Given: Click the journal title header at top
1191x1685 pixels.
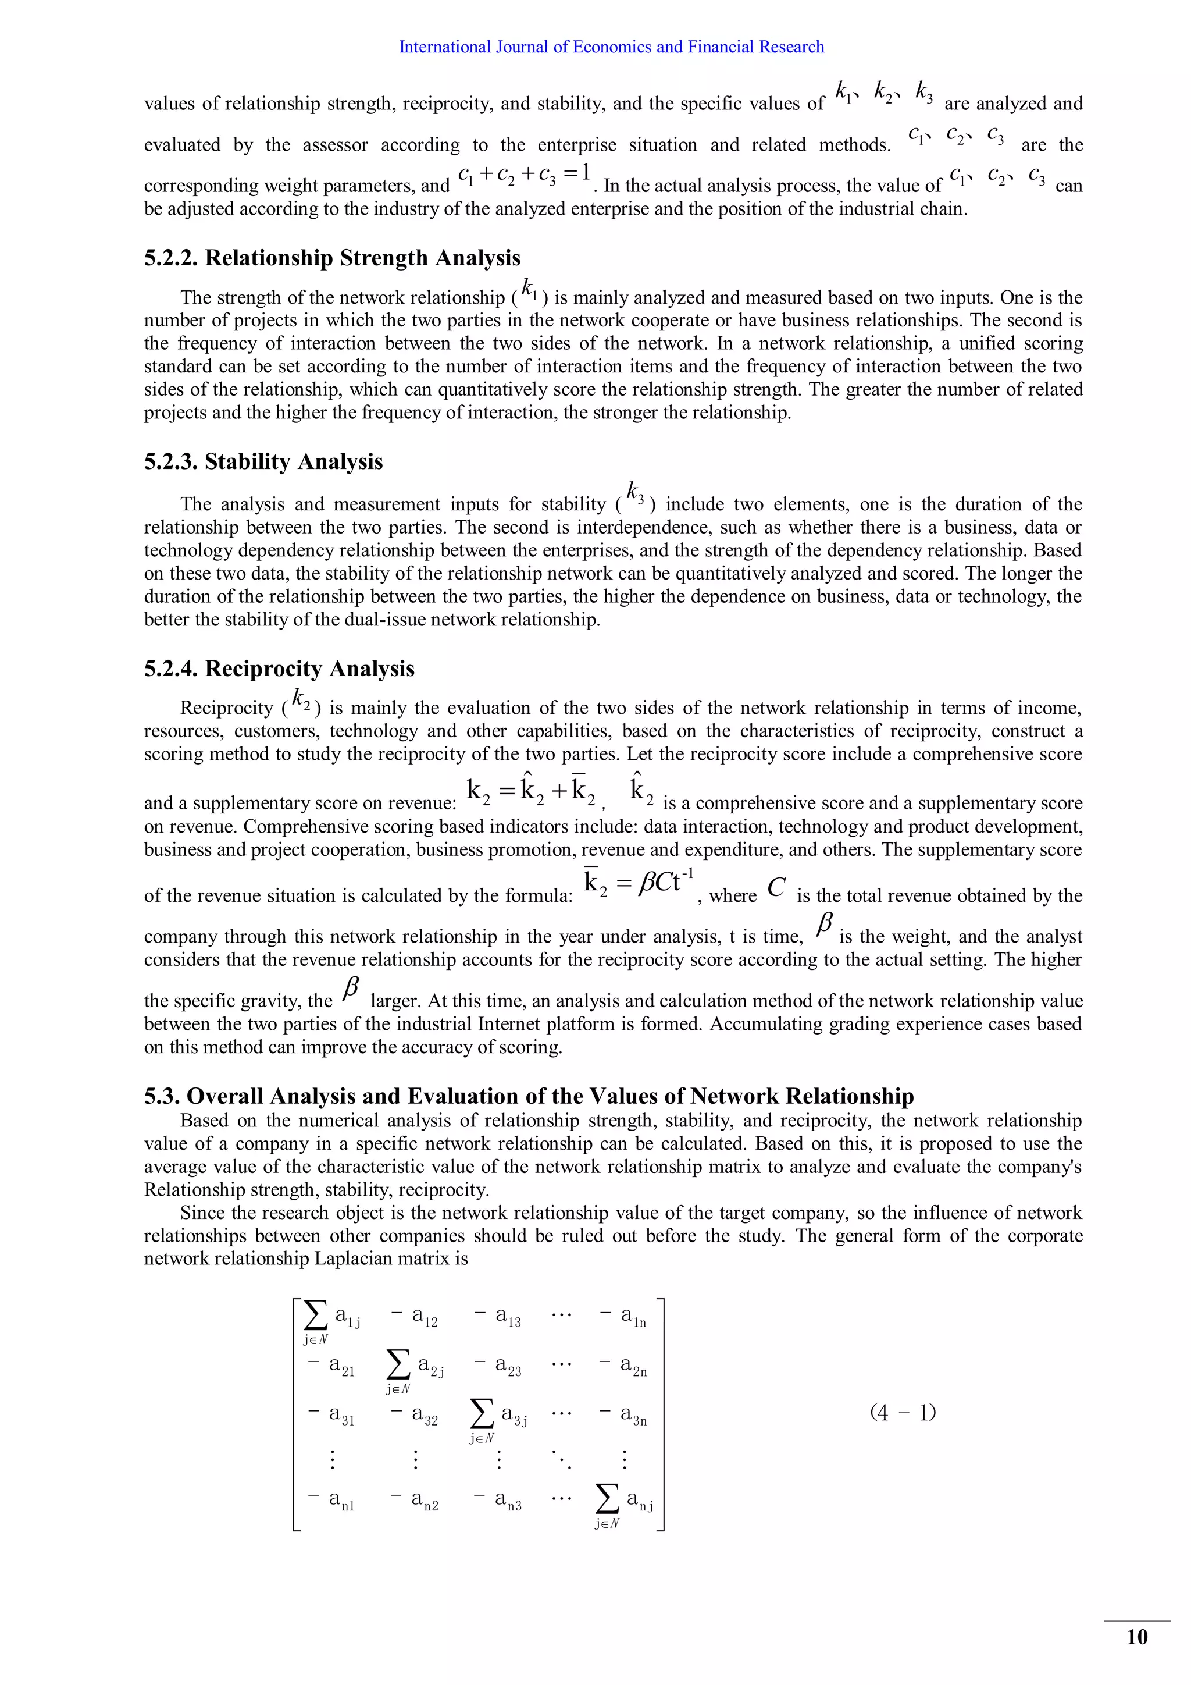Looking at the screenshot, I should point(611,47).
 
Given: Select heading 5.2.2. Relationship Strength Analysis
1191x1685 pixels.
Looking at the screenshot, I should point(331,258).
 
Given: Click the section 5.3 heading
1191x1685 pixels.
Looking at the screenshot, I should point(528,1096).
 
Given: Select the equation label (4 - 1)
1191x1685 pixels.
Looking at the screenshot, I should point(903,1412).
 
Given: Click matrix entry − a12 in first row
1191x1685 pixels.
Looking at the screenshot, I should point(415,1318).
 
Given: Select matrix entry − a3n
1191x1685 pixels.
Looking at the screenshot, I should point(624,1415).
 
